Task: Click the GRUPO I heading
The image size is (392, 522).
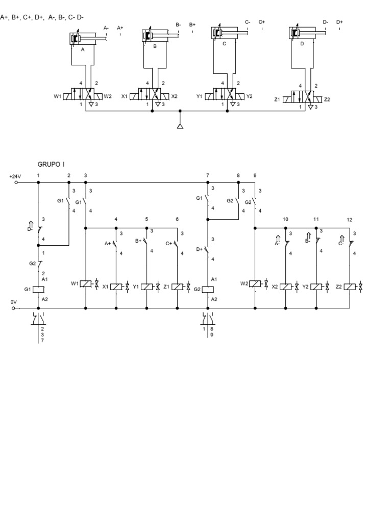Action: pos(51,164)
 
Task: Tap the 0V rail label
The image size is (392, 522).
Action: pos(14,302)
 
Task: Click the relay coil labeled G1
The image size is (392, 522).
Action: pos(38,290)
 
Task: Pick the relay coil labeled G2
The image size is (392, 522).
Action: pos(208,290)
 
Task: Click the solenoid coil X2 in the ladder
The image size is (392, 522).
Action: pos(285,287)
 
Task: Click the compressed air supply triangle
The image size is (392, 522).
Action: pos(180,125)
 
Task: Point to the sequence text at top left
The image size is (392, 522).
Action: pos(42,17)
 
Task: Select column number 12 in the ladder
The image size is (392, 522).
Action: pos(350,220)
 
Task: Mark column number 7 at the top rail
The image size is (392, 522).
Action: pos(208,175)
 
